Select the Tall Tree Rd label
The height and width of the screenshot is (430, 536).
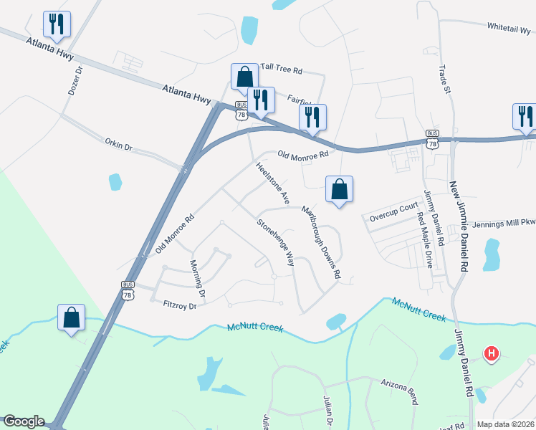[282, 71]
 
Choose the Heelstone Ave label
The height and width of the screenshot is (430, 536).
[273, 183]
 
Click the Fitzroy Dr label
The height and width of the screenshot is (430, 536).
[179, 302]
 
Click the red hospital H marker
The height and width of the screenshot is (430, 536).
[491, 353]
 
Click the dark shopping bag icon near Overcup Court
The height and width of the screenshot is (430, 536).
[339, 189]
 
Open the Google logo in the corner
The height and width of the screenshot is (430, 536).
[24, 421]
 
